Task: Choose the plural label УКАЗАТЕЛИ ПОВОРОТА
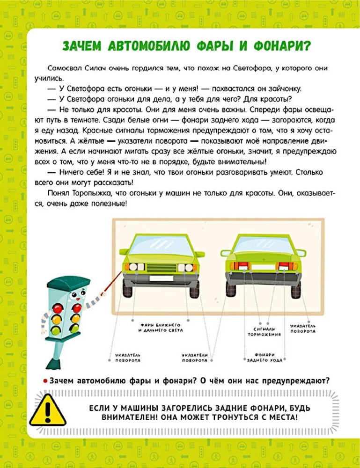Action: [x=195, y=358]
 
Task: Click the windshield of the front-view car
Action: [x=156, y=246]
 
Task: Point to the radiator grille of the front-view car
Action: [x=158, y=267]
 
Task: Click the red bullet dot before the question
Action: [x=45, y=380]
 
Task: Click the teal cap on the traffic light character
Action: [x=69, y=283]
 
